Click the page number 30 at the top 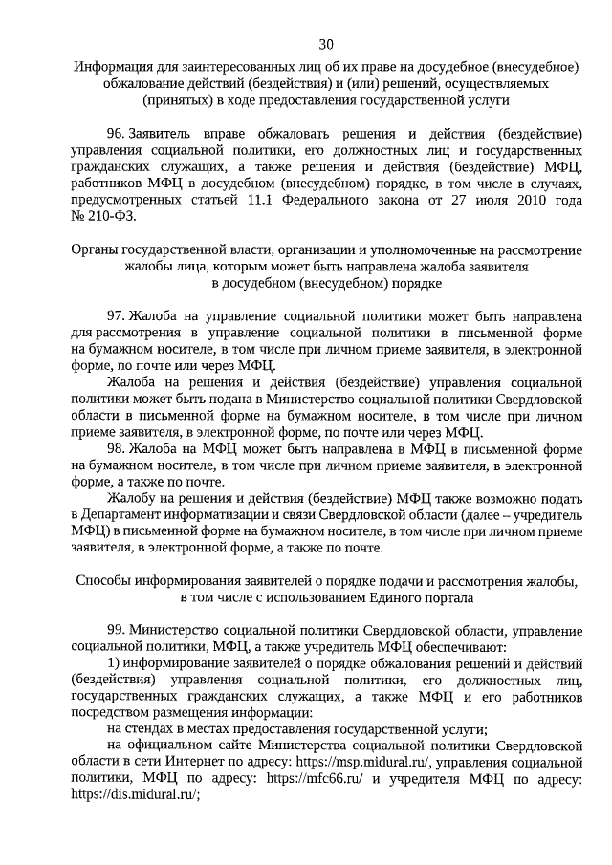(x=326, y=45)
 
